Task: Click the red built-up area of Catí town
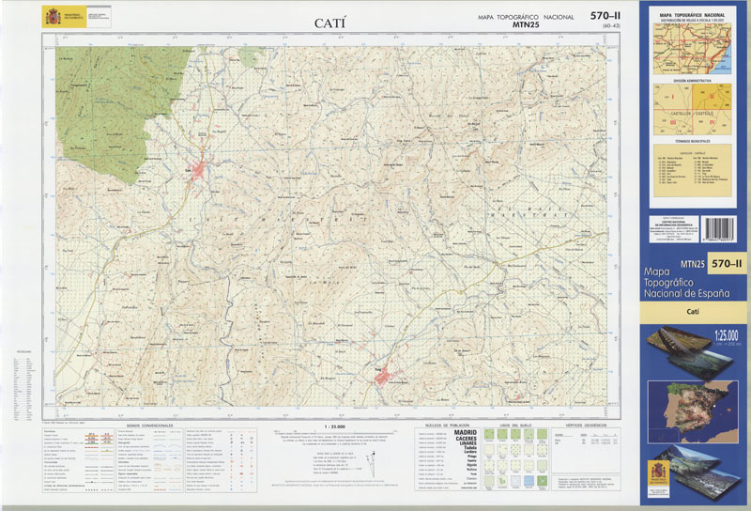[x=200, y=169]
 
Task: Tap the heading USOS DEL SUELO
[x=515, y=426]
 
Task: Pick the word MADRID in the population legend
[x=466, y=433]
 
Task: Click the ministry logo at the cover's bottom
[x=664, y=473]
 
